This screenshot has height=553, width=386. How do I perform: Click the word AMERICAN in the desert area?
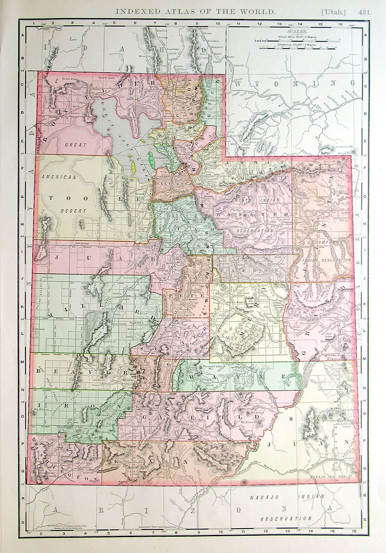click(59, 176)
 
